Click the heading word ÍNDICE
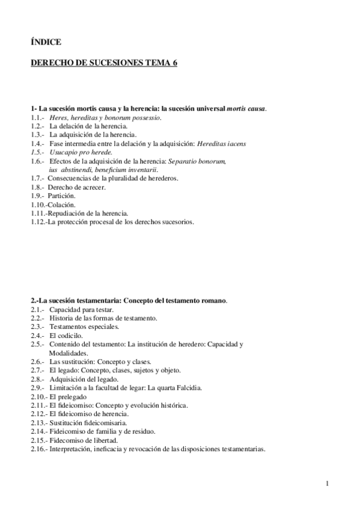click(x=46, y=41)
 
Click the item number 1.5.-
click(x=37, y=153)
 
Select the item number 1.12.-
click(x=39, y=222)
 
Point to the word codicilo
click(x=72, y=335)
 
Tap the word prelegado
click(x=73, y=396)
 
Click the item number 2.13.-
click(x=39, y=423)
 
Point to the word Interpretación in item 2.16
click(x=74, y=449)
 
